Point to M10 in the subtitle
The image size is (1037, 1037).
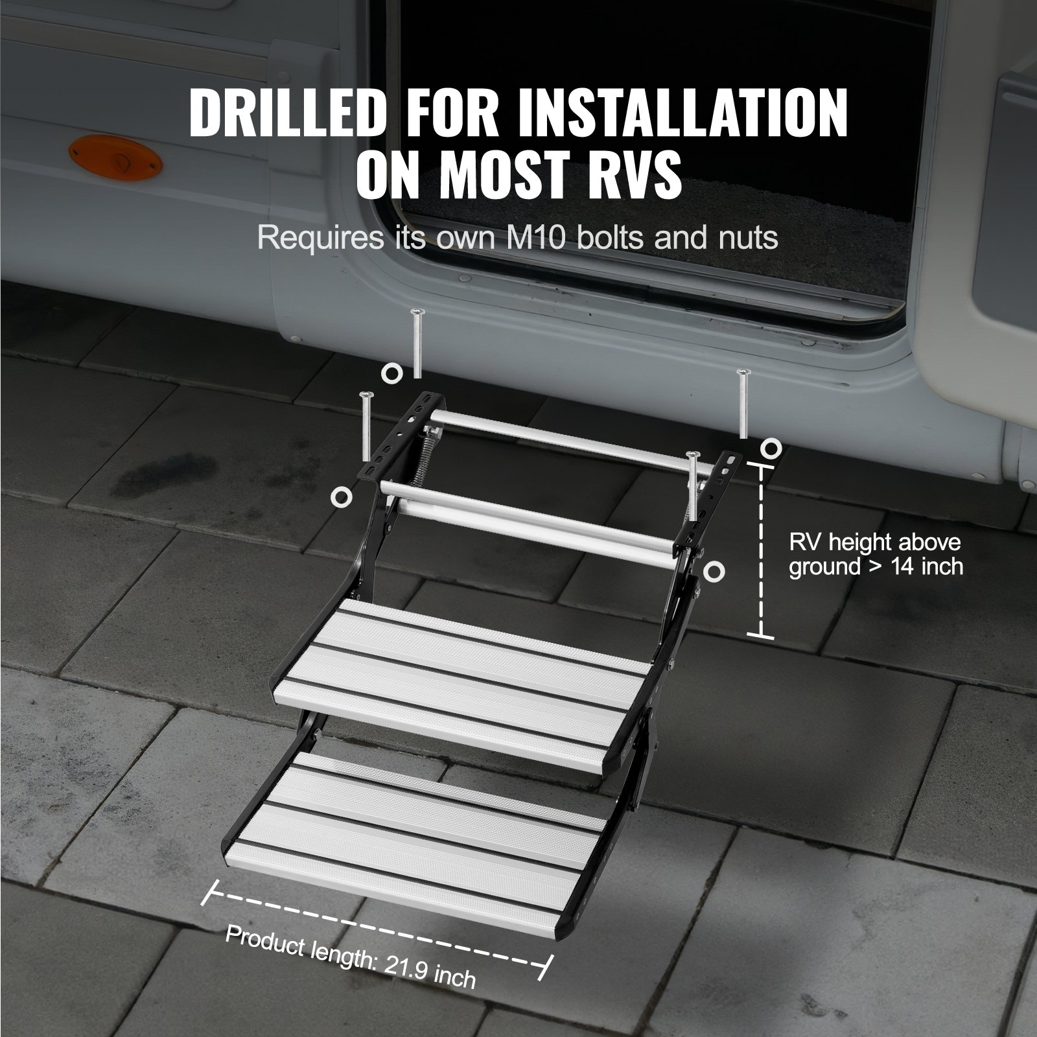click(x=534, y=238)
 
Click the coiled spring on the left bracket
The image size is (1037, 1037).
click(x=397, y=452)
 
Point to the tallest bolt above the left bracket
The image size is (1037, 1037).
click(x=417, y=344)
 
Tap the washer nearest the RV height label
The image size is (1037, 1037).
click(x=771, y=447)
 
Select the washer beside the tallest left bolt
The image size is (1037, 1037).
click(x=391, y=373)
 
